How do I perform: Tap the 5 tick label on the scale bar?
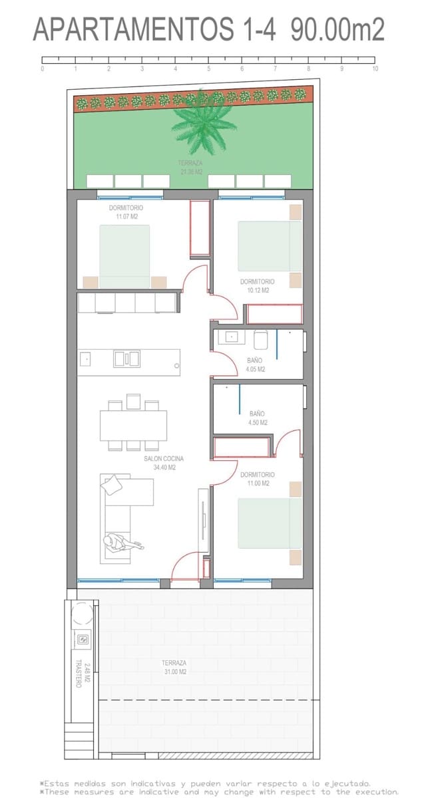[208, 68]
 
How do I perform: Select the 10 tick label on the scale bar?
[375, 68]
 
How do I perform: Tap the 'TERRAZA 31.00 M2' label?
[174, 667]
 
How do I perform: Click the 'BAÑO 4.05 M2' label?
[255, 365]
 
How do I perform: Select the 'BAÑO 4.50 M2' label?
[258, 418]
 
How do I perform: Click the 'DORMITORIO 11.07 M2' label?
[126, 212]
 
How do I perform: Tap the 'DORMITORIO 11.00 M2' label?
[258, 479]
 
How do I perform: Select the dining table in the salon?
[133, 426]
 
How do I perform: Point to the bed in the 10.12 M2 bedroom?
[270, 246]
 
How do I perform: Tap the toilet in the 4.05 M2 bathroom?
[260, 340]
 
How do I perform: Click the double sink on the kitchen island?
[126, 359]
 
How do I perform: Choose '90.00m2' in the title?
[333, 30]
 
